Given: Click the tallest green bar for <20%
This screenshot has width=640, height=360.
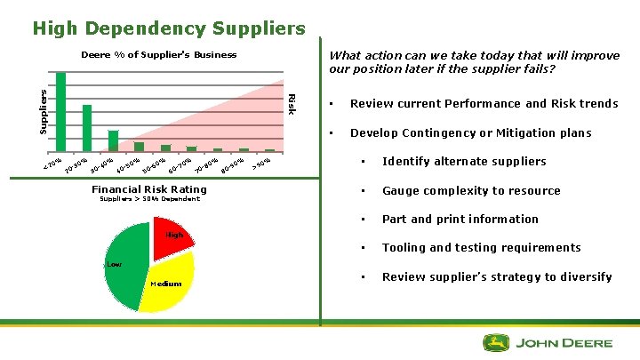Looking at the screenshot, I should point(61,111).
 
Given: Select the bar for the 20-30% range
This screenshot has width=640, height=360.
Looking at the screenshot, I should point(87,128).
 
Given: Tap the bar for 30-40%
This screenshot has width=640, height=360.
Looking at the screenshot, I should point(113,140).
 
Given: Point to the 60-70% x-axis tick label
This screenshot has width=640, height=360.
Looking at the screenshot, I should point(180,164).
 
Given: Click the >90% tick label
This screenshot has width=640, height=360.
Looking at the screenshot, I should point(261,162).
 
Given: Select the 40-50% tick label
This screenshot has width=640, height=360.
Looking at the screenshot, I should point(129,165).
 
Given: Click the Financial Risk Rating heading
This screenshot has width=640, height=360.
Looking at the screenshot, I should point(149,189).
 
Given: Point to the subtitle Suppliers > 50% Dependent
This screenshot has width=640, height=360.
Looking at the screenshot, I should point(149,199).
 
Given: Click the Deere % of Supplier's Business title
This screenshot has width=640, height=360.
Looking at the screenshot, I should point(159,55).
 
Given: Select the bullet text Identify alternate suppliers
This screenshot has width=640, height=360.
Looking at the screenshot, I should point(464,162).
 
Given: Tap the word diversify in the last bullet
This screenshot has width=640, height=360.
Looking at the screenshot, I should point(583,277).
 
